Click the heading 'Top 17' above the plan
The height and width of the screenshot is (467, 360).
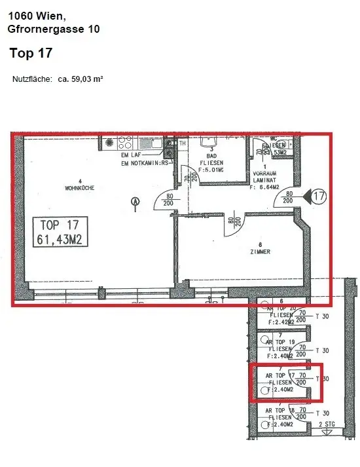(x=31, y=52)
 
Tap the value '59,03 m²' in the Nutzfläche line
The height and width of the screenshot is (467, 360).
(x=81, y=79)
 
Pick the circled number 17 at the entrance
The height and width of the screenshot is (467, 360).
(x=319, y=195)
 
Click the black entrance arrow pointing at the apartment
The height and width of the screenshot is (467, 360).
(x=303, y=195)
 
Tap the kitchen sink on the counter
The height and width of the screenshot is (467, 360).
(x=142, y=141)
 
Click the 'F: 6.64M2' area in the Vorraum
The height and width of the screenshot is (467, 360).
(x=266, y=187)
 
